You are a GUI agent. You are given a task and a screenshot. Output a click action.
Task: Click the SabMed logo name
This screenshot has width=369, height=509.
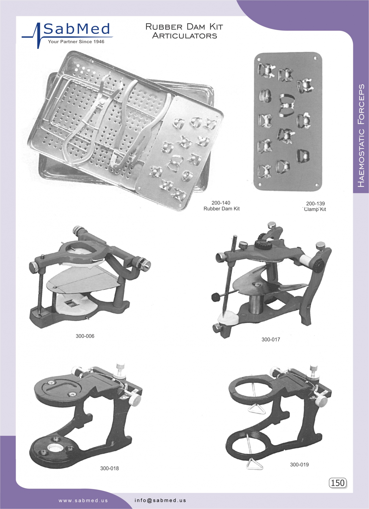(77, 29)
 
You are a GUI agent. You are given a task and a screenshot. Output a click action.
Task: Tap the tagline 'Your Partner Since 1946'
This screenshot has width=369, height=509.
(76, 42)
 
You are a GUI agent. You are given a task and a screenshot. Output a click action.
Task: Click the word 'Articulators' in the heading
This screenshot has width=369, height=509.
(185, 36)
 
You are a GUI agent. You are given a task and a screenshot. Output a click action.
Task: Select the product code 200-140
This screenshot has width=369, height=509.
(221, 203)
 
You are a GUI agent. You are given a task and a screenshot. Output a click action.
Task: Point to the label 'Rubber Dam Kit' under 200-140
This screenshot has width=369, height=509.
(221, 209)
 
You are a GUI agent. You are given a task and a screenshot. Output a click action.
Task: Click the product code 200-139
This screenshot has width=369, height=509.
(315, 204)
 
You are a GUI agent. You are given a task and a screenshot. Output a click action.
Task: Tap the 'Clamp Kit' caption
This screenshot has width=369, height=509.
(315, 209)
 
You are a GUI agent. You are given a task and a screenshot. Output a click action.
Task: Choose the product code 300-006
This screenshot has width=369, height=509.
(85, 336)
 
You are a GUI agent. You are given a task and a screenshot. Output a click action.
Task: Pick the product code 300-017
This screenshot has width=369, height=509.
(271, 340)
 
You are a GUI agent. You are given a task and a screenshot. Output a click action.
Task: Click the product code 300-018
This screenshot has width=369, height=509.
(109, 468)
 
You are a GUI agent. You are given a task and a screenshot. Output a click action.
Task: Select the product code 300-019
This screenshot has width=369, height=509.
(299, 464)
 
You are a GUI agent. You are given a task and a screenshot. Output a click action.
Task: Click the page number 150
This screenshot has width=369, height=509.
(338, 483)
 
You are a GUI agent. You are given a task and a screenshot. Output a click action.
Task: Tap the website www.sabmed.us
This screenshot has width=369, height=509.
(83, 501)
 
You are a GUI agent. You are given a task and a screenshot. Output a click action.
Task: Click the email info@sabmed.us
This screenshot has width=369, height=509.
(161, 500)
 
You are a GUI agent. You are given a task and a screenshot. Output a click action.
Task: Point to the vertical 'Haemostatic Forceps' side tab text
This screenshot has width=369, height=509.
(361, 135)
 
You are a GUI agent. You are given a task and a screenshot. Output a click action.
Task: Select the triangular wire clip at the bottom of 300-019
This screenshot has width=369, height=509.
(254, 464)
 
